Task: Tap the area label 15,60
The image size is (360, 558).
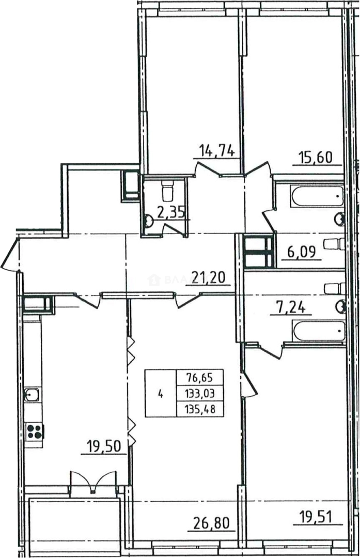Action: [317, 156]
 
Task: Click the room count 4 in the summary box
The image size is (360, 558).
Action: [161, 394]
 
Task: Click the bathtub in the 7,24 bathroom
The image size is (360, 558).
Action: [318, 330]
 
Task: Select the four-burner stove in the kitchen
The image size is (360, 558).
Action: [35, 431]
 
